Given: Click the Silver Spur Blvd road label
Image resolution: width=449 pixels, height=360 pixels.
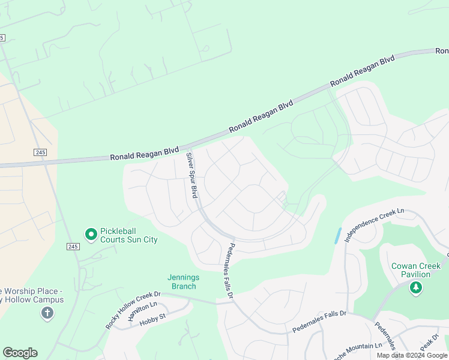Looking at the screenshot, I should tap(191, 175).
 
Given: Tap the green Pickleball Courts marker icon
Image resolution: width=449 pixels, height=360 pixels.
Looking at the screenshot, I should tap(91, 234).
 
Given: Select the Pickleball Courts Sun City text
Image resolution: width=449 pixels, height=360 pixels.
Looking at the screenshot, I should tap(129, 235).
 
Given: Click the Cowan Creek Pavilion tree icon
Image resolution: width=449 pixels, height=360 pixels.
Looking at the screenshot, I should tap(415, 289).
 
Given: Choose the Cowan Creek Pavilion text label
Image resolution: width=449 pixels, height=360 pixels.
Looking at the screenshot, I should tap(411, 270).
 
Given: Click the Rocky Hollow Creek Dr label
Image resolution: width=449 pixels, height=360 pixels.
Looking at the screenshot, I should tap(133, 310).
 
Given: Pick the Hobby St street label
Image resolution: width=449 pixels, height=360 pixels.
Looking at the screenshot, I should tap(152, 322).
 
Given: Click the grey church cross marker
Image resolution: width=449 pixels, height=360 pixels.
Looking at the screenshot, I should tap(47, 313).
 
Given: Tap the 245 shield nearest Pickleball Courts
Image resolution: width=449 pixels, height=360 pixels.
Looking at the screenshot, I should tap(73, 247).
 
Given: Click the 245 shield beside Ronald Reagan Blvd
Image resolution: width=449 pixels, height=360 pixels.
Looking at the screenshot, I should tap(40, 152).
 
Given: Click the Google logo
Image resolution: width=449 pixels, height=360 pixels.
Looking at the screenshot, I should tap(20, 353).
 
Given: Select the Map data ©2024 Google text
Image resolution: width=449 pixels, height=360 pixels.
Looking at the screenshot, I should tap(412, 355).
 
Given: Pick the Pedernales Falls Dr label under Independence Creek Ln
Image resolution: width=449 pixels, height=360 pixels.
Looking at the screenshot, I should tap(319, 322).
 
